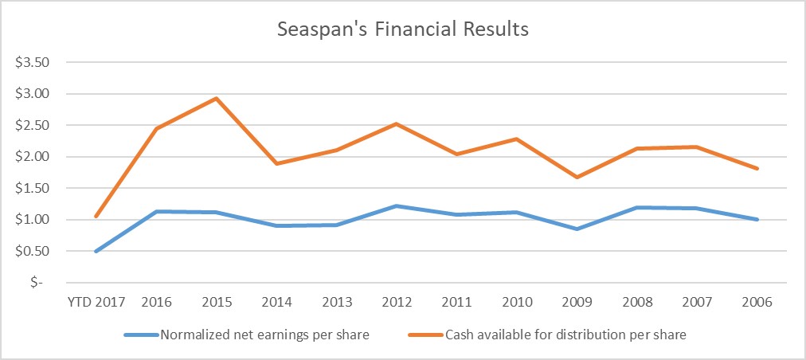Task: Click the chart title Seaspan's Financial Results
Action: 402,30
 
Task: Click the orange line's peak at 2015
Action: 217,99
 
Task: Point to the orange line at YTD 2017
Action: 96,216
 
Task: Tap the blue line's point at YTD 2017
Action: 96,251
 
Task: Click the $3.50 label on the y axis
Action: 33,63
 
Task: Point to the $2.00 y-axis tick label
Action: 33,157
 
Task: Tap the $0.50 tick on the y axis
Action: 33,251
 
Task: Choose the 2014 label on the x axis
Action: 277,303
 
